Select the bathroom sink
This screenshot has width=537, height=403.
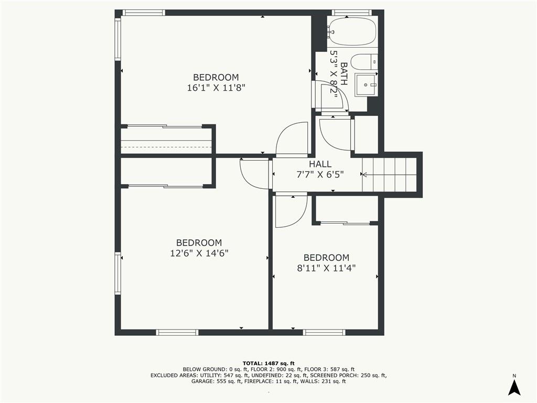[366, 84]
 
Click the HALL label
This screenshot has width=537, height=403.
[320, 164]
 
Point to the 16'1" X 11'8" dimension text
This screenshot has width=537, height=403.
[216, 88]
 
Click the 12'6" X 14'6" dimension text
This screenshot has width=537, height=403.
[199, 253]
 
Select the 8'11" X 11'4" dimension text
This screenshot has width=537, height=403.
[326, 268]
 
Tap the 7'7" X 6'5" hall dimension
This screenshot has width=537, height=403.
[320, 174]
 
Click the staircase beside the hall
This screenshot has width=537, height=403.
[389, 174]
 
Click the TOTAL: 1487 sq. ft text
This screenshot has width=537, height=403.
[268, 363]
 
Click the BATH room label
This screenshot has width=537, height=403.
[344, 73]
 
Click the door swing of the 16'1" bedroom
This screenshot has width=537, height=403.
[292, 139]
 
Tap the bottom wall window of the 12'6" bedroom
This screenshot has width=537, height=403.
[177, 332]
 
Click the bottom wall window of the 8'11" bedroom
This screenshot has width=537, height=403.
[324, 332]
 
